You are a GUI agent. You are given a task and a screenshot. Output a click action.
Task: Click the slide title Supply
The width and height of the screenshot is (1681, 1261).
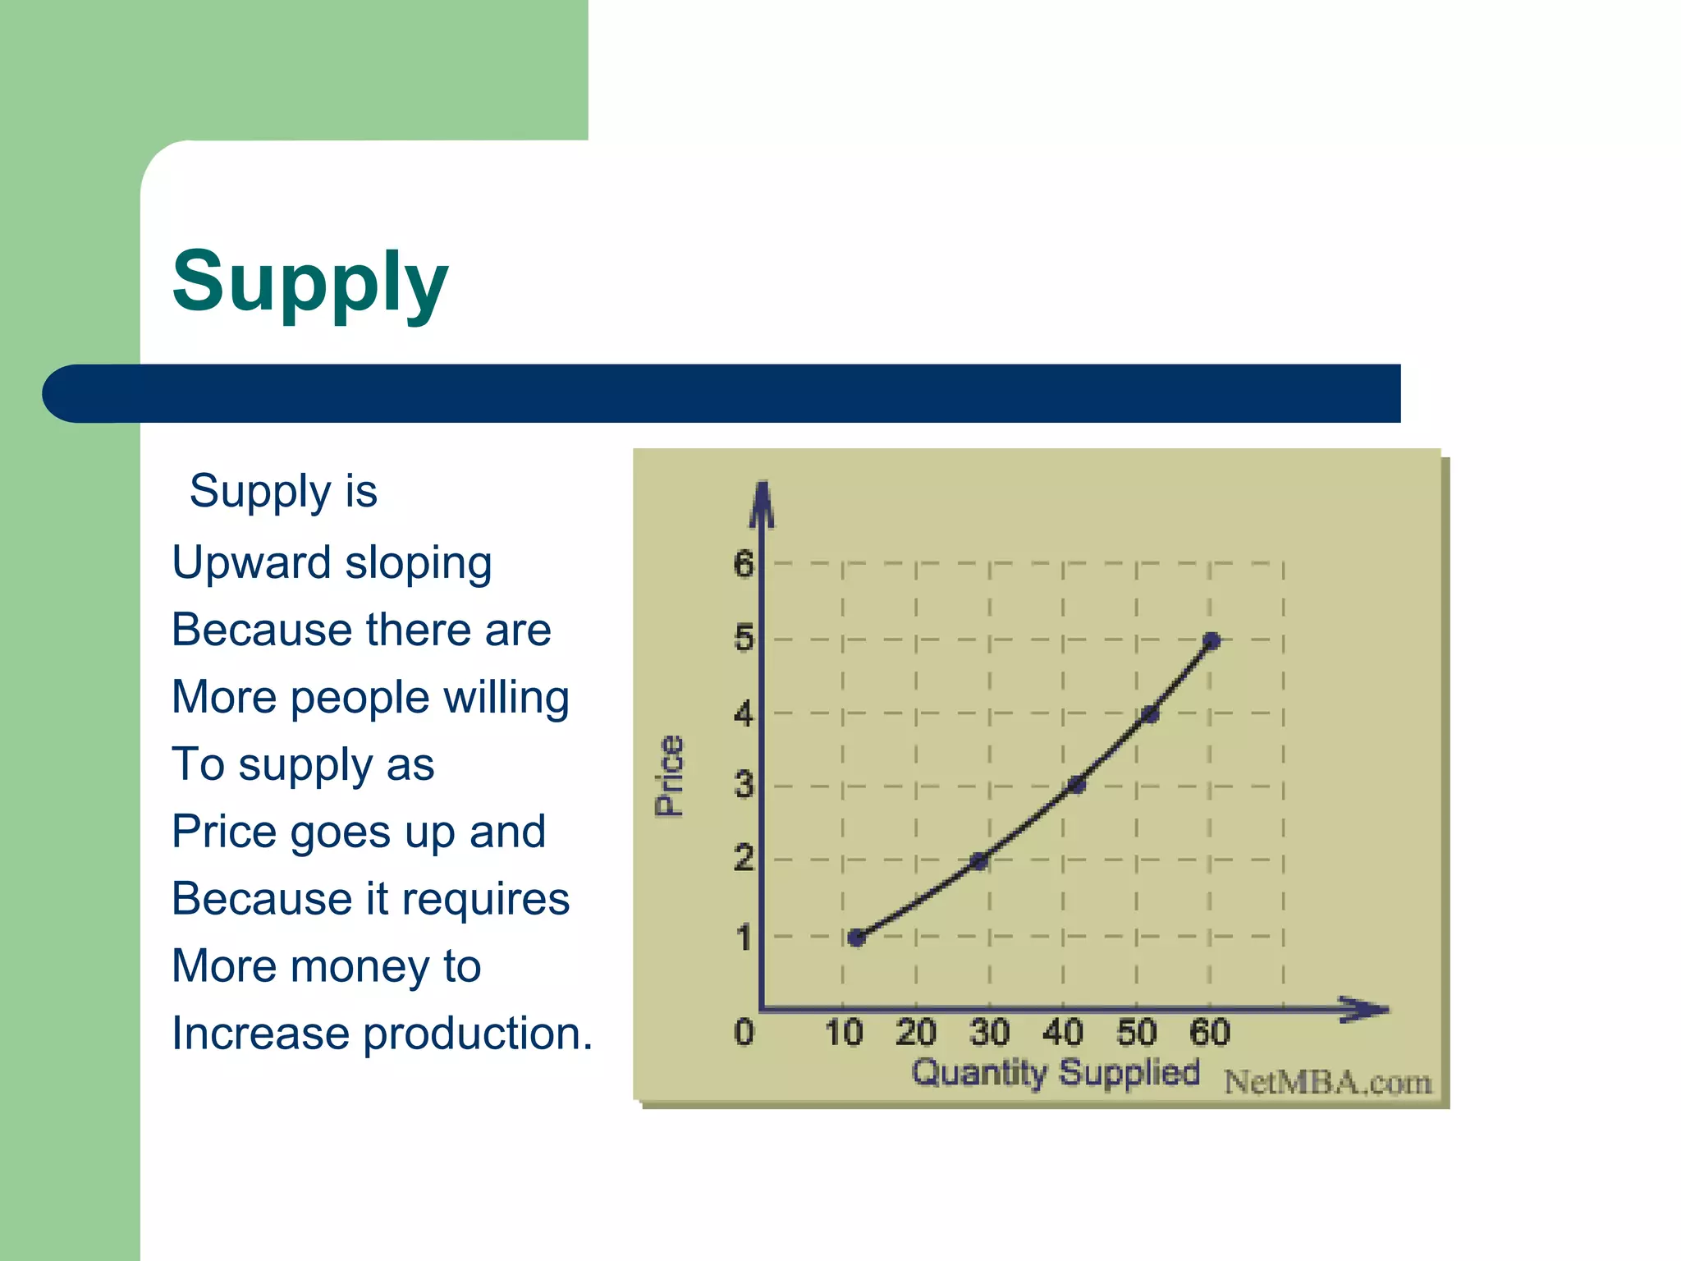pyautogui.click(x=310, y=282)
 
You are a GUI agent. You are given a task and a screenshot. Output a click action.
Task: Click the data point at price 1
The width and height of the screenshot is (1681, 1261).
pyautogui.click(x=856, y=938)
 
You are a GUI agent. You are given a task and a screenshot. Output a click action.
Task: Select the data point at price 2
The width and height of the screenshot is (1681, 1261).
pyautogui.click(x=978, y=861)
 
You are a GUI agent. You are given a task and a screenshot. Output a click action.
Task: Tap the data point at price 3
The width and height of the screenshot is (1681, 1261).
pyautogui.click(x=1077, y=786)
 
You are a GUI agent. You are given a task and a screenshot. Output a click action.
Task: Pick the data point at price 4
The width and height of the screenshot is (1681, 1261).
pyautogui.click(x=1150, y=714)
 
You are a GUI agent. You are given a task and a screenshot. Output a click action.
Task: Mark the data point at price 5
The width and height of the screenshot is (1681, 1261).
pyautogui.click(x=1212, y=641)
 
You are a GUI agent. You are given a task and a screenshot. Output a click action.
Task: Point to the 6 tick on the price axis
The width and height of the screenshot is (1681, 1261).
pyautogui.click(x=744, y=564)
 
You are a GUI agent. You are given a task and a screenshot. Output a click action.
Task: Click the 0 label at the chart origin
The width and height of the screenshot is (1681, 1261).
pyautogui.click(x=744, y=1032)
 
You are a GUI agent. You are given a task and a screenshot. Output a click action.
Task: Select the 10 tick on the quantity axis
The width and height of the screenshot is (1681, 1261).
pyautogui.click(x=844, y=1033)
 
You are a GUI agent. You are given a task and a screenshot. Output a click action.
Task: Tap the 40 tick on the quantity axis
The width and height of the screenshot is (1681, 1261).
pyautogui.click(x=1063, y=1033)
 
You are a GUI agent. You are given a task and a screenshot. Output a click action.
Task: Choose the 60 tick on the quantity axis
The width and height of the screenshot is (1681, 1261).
pyautogui.click(x=1210, y=1033)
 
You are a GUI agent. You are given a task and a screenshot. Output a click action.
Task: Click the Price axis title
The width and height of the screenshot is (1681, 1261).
pyautogui.click(x=670, y=776)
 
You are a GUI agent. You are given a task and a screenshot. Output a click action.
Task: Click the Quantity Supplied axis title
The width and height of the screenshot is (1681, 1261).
pyautogui.click(x=1056, y=1073)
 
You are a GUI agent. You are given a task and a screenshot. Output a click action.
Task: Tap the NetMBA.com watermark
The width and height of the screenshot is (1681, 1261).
pyautogui.click(x=1327, y=1083)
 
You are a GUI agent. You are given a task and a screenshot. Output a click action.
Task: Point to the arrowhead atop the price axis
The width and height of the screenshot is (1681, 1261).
pyautogui.click(x=763, y=502)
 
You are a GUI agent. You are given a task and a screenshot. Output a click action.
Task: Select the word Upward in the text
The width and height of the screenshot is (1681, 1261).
pyautogui.click(x=251, y=563)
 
